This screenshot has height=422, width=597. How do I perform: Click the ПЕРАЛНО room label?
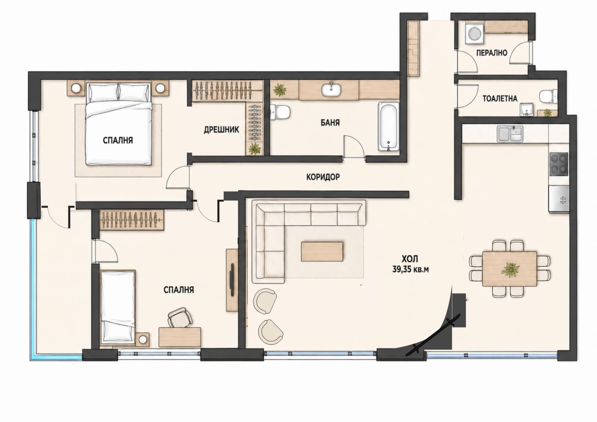(x=491, y=53)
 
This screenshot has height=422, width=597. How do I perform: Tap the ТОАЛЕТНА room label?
(x=500, y=99)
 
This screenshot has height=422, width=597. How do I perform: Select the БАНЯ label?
(x=330, y=123)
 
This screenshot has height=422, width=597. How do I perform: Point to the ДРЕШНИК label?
(x=222, y=130)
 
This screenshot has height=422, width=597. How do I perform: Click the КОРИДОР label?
(x=323, y=177)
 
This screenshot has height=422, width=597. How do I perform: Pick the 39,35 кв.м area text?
(x=410, y=269)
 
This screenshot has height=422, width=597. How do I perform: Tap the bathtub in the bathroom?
(x=388, y=126)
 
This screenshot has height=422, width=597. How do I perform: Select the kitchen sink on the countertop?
(x=510, y=134)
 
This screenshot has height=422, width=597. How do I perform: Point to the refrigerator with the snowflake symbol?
(x=559, y=199)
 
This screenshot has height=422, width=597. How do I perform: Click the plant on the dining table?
(x=510, y=270)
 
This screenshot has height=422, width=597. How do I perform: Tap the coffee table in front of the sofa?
(x=322, y=251)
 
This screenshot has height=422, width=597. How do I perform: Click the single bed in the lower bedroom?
(x=118, y=307)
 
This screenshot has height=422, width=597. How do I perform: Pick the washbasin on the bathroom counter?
(x=331, y=89)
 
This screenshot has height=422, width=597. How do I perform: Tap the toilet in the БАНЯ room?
(x=279, y=112)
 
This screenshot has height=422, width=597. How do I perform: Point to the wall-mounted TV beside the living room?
(x=232, y=279)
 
